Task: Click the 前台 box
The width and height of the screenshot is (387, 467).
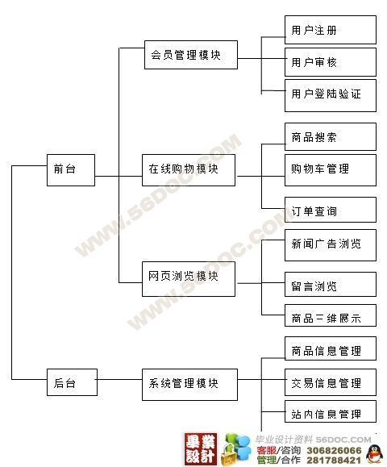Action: click(x=71, y=170)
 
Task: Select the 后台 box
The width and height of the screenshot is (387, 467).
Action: click(x=72, y=382)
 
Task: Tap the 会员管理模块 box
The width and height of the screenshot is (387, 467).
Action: click(x=191, y=55)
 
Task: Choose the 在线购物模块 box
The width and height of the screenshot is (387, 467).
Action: click(x=189, y=170)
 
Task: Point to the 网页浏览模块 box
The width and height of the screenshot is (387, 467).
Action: click(x=189, y=279)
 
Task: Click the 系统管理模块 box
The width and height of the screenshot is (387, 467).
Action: click(x=189, y=385)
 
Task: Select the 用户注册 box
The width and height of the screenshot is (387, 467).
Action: click(x=331, y=30)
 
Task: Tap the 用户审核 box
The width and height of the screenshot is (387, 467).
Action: click(x=331, y=62)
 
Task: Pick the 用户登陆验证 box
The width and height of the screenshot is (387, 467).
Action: click(x=331, y=96)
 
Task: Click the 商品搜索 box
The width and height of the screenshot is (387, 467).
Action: click(x=331, y=136)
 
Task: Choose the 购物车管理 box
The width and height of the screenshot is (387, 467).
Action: click(x=331, y=170)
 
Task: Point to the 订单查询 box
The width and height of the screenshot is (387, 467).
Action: click(x=331, y=210)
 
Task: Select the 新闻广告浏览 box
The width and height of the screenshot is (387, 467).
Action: click(x=331, y=245)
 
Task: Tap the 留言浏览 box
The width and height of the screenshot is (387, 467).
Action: click(x=331, y=284)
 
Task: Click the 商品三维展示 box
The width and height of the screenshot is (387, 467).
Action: click(x=331, y=315)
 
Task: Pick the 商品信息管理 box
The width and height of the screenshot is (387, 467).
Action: click(x=331, y=348)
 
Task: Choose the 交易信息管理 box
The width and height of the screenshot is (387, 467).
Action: click(x=331, y=382)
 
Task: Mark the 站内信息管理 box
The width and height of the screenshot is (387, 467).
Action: click(x=331, y=411)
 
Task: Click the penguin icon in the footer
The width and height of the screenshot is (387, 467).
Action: click(x=374, y=453)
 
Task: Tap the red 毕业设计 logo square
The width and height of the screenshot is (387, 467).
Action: click(x=201, y=449)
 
